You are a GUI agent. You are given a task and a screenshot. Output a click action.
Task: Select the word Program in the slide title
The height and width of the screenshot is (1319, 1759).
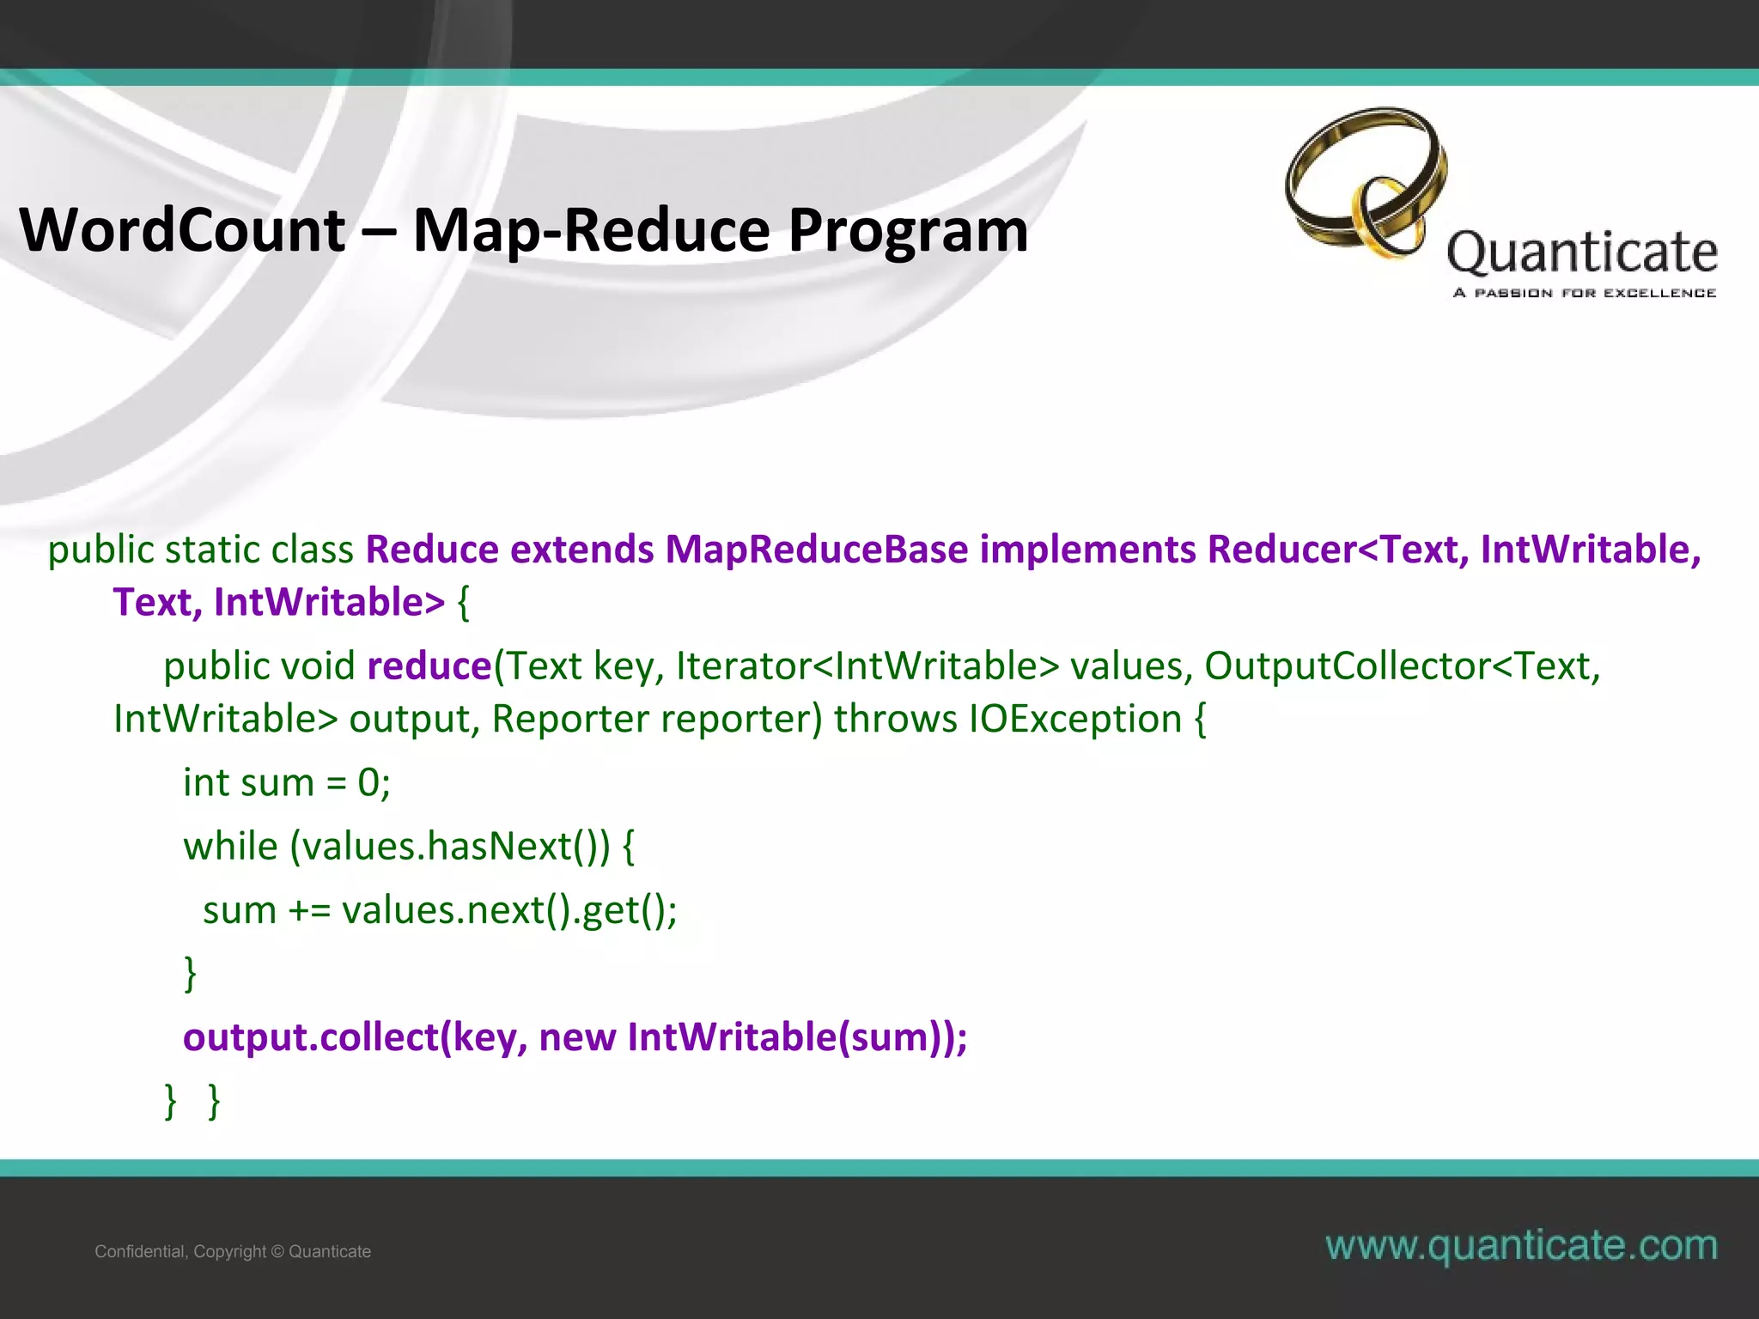tap(908, 230)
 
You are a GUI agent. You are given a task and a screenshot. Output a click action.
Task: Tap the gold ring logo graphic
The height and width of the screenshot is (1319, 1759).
tap(1366, 182)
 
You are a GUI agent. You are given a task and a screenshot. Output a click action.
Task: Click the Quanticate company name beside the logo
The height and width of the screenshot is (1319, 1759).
tap(1582, 253)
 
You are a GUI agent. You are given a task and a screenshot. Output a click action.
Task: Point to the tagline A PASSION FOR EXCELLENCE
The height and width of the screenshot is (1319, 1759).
tap(1585, 293)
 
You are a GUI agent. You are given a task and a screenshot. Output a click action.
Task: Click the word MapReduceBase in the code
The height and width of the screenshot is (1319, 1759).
tap(816, 550)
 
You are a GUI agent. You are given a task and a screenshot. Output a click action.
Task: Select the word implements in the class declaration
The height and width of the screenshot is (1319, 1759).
tap(1087, 550)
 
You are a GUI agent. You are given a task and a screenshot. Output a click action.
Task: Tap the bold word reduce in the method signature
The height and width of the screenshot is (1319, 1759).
tap(429, 666)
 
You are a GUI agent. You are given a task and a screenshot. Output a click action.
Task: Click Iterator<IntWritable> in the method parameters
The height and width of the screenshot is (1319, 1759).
tap(867, 666)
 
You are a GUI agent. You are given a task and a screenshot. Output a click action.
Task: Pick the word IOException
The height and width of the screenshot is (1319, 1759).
tap(1075, 719)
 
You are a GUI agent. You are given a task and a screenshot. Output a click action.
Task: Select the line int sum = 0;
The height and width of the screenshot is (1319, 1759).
tap(287, 782)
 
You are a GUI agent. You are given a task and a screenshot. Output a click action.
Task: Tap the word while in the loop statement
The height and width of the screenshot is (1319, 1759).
tap(230, 846)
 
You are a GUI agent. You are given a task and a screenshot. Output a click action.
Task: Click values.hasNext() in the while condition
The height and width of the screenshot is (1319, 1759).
tap(449, 846)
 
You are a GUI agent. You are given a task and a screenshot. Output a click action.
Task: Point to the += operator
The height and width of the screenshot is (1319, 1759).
tap(309, 910)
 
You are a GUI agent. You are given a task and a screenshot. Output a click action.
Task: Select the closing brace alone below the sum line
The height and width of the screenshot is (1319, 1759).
tap(191, 974)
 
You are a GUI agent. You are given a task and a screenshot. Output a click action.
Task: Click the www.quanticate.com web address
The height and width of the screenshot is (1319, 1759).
tap(1521, 1245)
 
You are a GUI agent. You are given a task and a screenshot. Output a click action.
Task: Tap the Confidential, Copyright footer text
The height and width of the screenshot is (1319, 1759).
tap(233, 1251)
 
